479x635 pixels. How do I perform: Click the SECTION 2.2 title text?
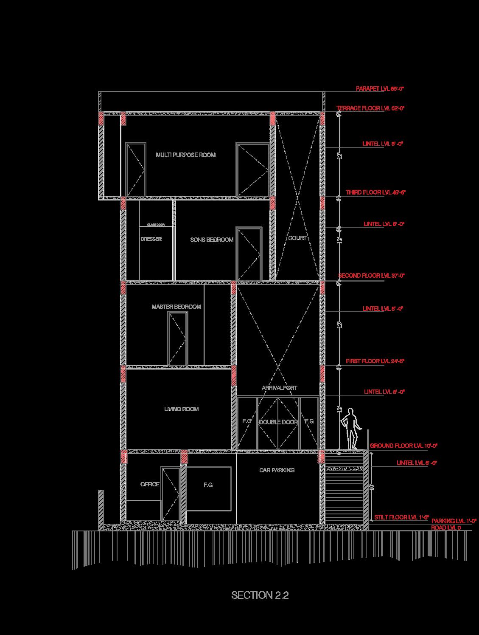pos(260,595)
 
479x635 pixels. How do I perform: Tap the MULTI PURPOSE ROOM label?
pos(185,155)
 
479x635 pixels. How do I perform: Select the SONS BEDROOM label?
pos(212,240)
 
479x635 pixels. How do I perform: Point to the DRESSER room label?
pos(151,239)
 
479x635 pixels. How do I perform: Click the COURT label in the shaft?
pos(297,238)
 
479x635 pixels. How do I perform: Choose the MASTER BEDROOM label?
pos(176,307)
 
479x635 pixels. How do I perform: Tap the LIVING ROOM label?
pos(181,409)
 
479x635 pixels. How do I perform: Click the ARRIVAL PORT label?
pos(279,388)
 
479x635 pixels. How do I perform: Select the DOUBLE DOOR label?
pos(278,422)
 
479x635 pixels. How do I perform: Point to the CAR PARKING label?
pos(277,470)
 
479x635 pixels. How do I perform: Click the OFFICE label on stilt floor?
pos(150,484)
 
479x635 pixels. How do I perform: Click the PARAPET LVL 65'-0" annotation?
pos(380,89)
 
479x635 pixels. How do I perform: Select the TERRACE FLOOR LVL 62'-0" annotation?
pos(370,108)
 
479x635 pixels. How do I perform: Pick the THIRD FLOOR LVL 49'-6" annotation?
pos(375,192)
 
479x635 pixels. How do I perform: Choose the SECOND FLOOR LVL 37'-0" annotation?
pos(372,276)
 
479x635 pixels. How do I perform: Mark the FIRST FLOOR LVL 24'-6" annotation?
pos(375,361)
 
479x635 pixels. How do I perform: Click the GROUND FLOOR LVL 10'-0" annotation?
pos(403,446)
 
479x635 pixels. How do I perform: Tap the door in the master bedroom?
pos(177,338)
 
